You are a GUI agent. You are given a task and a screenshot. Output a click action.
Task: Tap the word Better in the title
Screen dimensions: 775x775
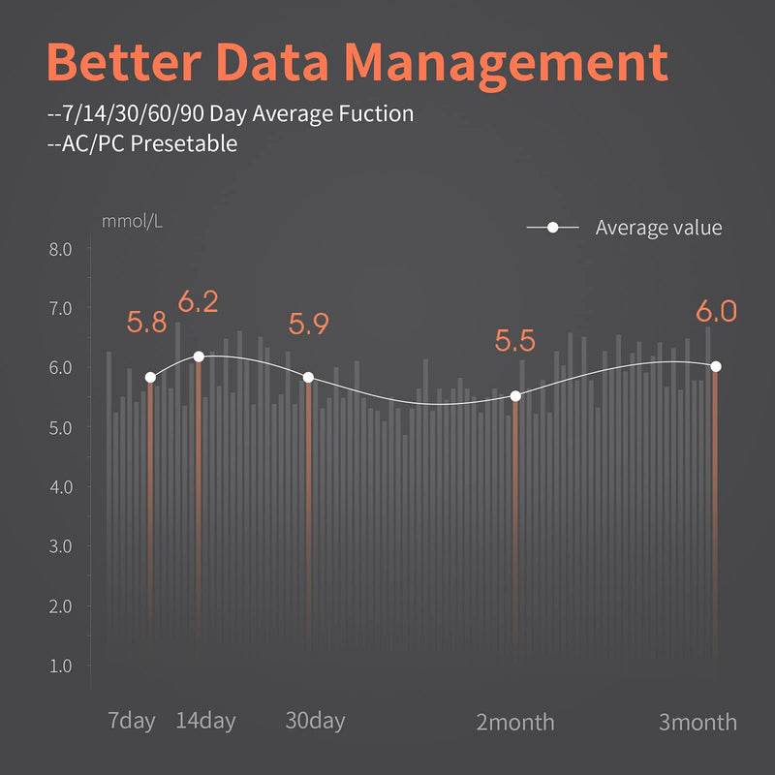click(125, 62)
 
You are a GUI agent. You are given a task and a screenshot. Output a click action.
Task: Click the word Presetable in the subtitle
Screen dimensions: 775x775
click(184, 143)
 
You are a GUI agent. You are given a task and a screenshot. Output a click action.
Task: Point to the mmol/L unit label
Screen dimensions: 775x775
click(132, 221)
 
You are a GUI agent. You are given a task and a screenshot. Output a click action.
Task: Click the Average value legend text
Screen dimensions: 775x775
click(659, 228)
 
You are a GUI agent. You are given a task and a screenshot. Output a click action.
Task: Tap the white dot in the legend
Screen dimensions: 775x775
click(552, 228)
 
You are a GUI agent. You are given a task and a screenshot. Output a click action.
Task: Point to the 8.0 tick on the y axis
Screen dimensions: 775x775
click(60, 249)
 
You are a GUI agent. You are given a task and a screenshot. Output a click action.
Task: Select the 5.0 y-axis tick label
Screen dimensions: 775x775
click(60, 427)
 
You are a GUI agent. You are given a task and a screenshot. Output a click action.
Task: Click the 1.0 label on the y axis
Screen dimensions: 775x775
click(60, 666)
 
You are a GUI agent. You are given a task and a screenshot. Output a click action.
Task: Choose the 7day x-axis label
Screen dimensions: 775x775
click(132, 721)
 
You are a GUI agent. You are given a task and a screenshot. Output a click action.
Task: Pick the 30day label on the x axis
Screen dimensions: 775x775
click(316, 721)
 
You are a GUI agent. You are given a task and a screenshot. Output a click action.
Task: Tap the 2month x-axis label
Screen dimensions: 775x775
click(515, 722)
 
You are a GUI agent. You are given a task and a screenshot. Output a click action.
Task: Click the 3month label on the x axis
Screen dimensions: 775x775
click(697, 722)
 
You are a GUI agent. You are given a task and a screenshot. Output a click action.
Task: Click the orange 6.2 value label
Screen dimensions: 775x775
click(198, 301)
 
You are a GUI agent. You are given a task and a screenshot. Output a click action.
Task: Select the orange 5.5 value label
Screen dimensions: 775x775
click(515, 341)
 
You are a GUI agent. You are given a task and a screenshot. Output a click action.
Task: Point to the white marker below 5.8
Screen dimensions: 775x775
click(151, 378)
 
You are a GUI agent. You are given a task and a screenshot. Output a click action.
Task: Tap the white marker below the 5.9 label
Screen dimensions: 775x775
click(308, 378)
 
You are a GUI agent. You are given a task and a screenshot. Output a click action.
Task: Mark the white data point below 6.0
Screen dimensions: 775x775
click(716, 366)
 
